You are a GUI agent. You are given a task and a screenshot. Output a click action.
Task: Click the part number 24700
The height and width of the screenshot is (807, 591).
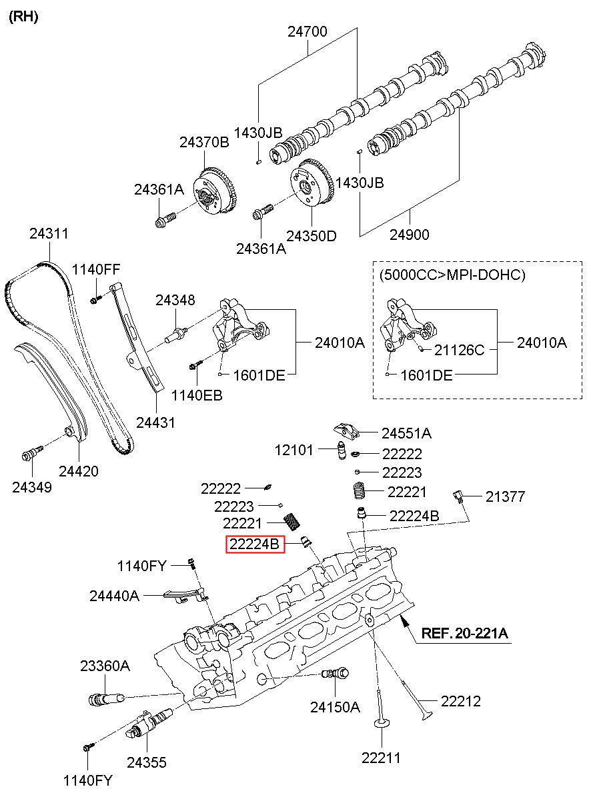(308, 31)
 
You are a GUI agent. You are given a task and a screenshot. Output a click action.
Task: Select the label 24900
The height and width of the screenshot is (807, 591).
(409, 235)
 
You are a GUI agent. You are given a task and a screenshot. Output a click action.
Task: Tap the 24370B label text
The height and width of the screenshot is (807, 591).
(203, 142)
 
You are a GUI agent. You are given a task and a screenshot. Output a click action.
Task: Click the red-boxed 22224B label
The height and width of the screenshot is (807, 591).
(254, 544)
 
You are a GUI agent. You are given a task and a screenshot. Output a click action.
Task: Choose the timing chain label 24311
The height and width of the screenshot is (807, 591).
(49, 234)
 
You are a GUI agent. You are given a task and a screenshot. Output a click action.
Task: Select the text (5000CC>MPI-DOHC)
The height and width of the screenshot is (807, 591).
(452, 275)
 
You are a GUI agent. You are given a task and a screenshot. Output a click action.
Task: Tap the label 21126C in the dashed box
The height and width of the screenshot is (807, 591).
(460, 350)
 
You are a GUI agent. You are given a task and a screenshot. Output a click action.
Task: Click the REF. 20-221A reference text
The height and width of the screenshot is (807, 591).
(464, 633)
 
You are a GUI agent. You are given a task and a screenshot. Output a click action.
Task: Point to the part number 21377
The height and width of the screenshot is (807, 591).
(505, 496)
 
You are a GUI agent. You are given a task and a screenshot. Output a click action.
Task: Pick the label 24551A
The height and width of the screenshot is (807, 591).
(406, 433)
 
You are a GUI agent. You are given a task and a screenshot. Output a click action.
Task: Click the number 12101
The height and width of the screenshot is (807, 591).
(294, 450)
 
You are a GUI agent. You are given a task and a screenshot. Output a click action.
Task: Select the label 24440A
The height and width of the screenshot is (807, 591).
(114, 596)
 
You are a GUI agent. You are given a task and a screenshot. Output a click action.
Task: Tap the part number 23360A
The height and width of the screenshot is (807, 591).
(105, 666)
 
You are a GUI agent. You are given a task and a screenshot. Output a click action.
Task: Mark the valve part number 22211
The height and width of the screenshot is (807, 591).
(382, 757)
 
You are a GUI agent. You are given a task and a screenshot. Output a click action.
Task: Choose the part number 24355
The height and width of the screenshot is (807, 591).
(147, 762)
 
